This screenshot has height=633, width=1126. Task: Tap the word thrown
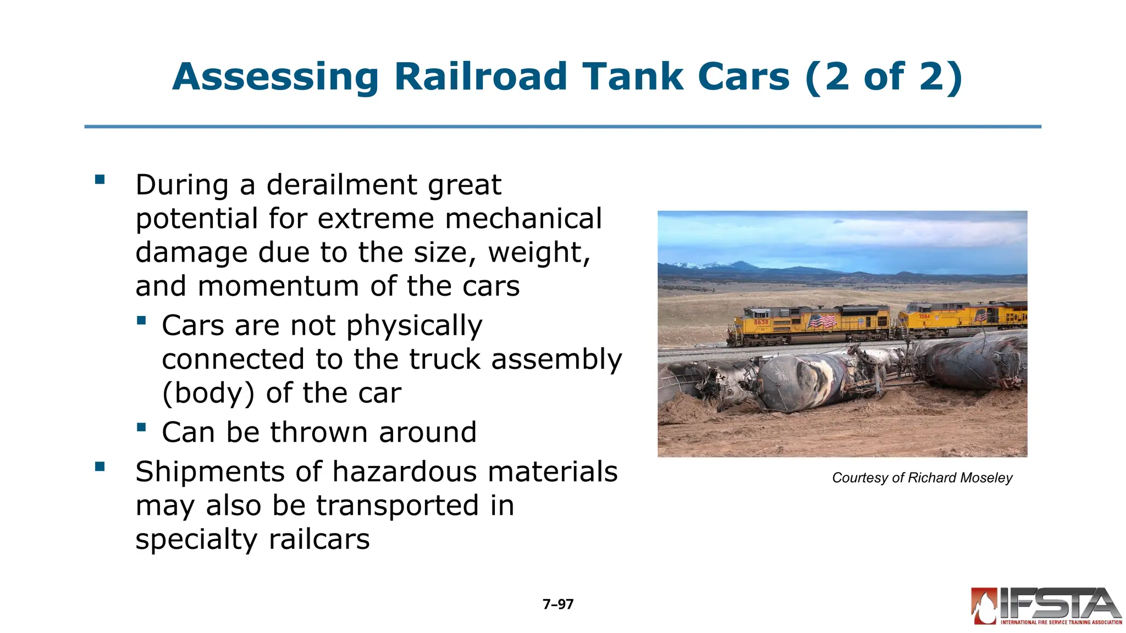click(x=318, y=432)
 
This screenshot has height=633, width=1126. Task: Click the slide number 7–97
click(x=558, y=604)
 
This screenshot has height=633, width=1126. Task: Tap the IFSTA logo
click(x=1046, y=607)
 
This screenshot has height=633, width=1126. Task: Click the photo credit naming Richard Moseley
click(x=922, y=478)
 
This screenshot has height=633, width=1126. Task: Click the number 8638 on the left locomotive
click(x=761, y=322)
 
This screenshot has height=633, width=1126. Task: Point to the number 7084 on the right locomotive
click(x=924, y=316)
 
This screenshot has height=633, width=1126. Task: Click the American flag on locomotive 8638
click(x=821, y=321)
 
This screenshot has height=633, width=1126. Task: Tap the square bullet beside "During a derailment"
click(x=100, y=180)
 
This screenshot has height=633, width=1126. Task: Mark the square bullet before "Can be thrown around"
click(x=142, y=427)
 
